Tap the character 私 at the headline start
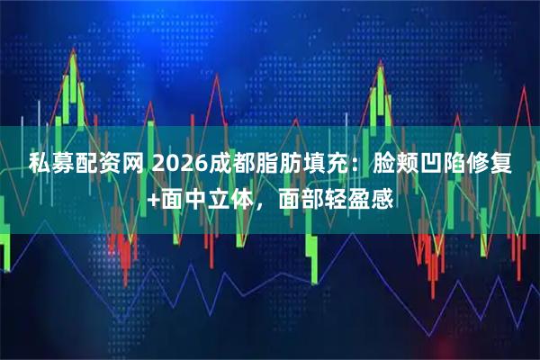coord(39,164)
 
